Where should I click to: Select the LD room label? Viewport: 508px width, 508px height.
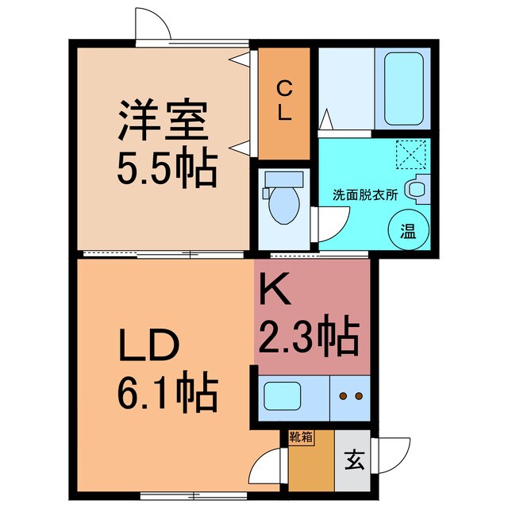(x=150, y=347)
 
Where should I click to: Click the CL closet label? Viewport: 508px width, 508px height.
(x=283, y=101)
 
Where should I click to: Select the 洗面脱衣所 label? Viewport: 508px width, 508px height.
(x=364, y=194)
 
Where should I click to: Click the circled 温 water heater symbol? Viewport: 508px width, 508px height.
(x=406, y=233)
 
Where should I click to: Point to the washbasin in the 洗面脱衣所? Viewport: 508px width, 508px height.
(x=416, y=188)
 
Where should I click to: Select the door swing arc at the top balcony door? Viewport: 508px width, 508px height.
(x=153, y=26)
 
